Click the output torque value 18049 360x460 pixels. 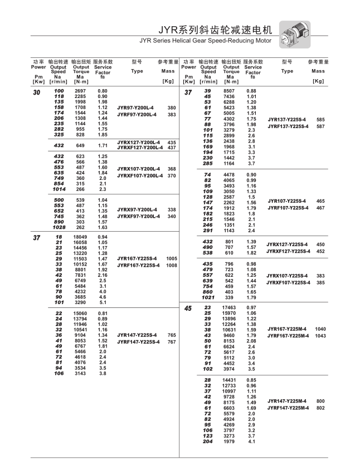pyautogui.click(x=80, y=237)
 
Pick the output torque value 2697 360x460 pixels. pyautogui.click(x=80, y=90)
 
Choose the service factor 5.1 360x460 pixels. pyautogui.click(x=103, y=302)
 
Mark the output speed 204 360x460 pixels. pyautogui.click(x=207, y=442)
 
